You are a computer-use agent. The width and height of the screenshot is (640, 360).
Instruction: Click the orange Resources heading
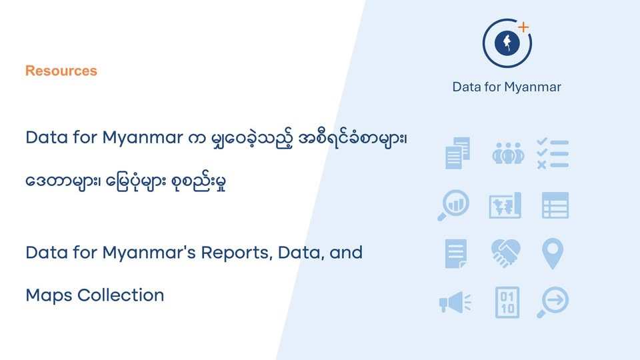coord(61,71)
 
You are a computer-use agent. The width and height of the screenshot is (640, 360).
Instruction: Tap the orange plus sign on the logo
coord(524,27)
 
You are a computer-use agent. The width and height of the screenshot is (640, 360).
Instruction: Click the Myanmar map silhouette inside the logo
coord(507,43)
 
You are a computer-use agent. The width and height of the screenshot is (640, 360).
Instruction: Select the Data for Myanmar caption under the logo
coord(507,87)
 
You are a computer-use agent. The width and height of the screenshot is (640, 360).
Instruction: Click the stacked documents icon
coord(457,153)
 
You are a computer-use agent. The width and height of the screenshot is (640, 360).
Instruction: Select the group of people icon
coord(508,153)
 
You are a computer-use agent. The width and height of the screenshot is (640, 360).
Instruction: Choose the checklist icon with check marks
coord(553,153)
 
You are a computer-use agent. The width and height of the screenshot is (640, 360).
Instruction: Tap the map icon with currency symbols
coord(505,205)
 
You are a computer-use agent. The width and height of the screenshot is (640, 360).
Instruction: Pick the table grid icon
coord(555,205)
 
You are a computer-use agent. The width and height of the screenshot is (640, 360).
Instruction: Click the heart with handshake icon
coord(505,253)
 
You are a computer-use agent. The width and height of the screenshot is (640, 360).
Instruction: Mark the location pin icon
coord(553,254)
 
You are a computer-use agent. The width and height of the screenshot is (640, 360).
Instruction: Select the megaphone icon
coord(455,303)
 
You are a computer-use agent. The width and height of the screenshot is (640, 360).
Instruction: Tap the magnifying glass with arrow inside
coord(555,301)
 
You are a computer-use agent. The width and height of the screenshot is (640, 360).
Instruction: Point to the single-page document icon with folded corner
coord(456,253)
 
